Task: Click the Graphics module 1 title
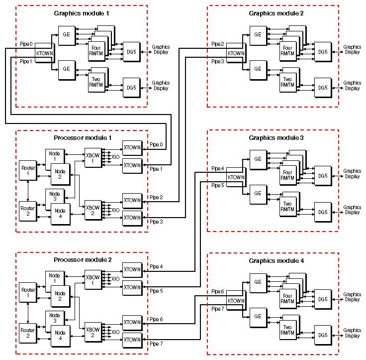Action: (82, 13)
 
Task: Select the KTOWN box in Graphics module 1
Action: (44, 53)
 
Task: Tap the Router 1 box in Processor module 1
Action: (27, 170)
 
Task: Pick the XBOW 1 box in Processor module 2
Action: (92, 280)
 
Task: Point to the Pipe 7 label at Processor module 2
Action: (157, 344)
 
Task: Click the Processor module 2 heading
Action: (83, 259)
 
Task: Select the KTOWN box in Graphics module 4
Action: (235, 300)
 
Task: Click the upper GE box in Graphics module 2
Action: (258, 34)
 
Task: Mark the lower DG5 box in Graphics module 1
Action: (131, 88)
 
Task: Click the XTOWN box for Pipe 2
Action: (132, 200)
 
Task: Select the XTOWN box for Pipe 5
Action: (132, 287)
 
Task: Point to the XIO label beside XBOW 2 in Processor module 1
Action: (115, 210)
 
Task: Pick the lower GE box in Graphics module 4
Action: (258, 316)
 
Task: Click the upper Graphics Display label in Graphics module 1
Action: (161, 50)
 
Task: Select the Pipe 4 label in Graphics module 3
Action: (217, 169)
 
